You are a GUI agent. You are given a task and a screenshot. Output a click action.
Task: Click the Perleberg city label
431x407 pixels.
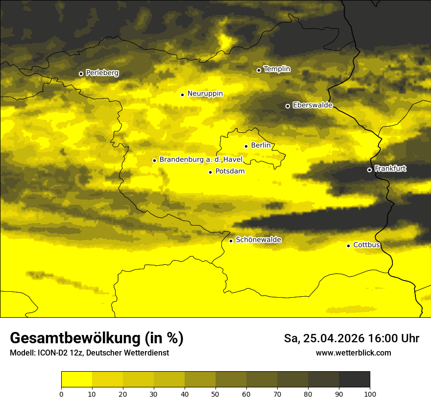pyautogui.click(x=102, y=73)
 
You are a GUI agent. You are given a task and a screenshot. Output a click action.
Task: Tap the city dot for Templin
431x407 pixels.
pyautogui.click(x=259, y=70)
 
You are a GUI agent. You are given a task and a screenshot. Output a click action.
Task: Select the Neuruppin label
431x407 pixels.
pyautogui.click(x=205, y=94)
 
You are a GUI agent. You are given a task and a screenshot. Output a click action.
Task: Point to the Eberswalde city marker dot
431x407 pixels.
pyautogui.click(x=287, y=106)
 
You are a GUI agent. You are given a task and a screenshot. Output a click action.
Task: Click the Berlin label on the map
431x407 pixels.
pyautogui.click(x=261, y=146)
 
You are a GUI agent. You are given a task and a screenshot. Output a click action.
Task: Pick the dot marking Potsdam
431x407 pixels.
pyautogui.click(x=210, y=172)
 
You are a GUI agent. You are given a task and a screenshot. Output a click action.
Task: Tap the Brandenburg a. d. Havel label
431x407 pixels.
pyautogui.click(x=201, y=160)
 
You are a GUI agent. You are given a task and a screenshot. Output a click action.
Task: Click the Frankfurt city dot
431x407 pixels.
pyautogui.click(x=369, y=170)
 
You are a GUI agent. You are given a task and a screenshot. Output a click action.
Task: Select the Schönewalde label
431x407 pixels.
pyautogui.click(x=258, y=240)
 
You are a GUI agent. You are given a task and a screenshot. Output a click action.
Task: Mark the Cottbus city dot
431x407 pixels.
pyautogui.click(x=348, y=246)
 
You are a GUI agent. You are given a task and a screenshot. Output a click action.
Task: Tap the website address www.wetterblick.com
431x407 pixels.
pyautogui.click(x=353, y=353)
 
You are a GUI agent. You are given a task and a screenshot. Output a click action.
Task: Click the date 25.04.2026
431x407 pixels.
pyautogui.click(x=334, y=338)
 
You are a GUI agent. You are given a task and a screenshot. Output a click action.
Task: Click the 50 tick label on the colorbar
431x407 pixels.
pyautogui.click(x=215, y=393)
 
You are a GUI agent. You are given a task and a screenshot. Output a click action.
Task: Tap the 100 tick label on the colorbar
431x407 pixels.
pyautogui.click(x=369, y=393)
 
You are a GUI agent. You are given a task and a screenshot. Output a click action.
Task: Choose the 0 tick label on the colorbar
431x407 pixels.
pyautogui.click(x=61, y=393)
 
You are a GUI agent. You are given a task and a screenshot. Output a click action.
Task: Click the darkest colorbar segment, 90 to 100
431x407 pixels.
pyautogui.click(x=354, y=380)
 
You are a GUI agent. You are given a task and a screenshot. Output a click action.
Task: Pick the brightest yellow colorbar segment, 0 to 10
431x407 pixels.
pyautogui.click(x=76, y=380)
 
